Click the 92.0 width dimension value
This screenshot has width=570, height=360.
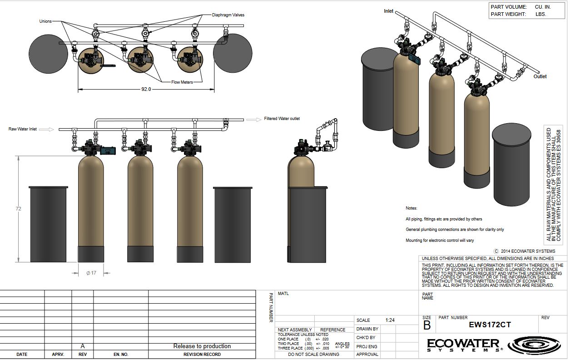coord(146,90)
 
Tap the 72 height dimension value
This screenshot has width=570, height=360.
coord(18,209)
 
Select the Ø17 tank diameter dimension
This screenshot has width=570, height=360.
coord(91,273)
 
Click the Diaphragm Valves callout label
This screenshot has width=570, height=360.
coord(228,15)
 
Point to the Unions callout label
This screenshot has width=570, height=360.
coord(45,21)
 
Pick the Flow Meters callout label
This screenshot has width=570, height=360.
coord(182,82)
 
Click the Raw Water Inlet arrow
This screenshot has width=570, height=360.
coord(46,130)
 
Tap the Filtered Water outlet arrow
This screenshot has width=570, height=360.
coord(254,120)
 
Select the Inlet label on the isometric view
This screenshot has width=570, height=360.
coord(389,11)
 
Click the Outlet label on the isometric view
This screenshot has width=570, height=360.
coord(540,76)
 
